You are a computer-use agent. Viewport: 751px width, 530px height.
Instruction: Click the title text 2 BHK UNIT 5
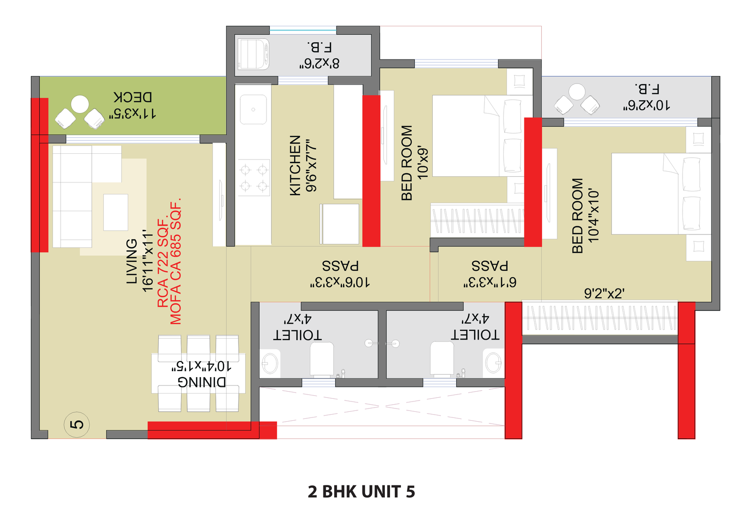tap(361, 492)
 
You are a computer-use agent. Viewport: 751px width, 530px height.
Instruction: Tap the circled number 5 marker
tap(77, 424)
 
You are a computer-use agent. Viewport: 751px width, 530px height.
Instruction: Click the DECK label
tap(133, 97)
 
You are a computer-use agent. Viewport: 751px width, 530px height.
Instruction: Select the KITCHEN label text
tap(295, 165)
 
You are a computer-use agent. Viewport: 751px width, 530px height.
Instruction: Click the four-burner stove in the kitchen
tap(254, 178)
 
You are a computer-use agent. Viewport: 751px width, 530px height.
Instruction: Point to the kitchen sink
tap(253, 109)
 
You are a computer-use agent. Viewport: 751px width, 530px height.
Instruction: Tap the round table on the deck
tap(80, 104)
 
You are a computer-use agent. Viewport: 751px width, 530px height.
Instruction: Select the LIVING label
tap(132, 261)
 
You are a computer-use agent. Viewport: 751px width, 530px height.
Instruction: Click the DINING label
tap(202, 382)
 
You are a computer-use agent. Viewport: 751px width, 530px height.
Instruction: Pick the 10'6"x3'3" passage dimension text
tap(340, 282)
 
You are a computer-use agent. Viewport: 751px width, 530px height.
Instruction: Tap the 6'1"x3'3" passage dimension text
tap(490, 282)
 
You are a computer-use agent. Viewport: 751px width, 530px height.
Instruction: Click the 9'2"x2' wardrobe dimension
tap(604, 294)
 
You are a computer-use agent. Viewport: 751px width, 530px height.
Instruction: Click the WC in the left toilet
tap(322, 359)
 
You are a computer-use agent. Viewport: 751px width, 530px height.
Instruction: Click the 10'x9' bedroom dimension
tap(423, 163)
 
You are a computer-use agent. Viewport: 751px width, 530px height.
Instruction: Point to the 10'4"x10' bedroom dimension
tap(594, 216)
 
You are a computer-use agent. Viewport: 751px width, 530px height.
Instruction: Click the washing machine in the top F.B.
tap(253, 54)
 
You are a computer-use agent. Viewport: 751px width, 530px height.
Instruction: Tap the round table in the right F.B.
tap(577, 91)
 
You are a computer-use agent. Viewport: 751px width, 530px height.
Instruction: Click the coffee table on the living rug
tap(115, 212)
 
